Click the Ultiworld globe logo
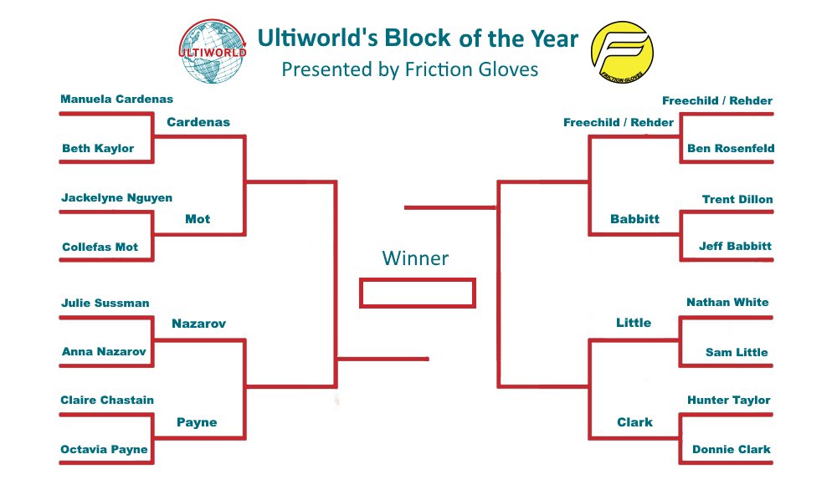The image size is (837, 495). (214, 53)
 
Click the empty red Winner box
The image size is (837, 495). (417, 293)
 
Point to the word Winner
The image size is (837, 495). (415, 258)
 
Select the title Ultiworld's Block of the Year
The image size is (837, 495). (418, 38)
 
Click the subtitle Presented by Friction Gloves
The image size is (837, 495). (409, 69)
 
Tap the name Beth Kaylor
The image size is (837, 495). (98, 148)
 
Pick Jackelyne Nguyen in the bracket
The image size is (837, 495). (116, 198)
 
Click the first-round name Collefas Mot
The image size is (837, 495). (100, 247)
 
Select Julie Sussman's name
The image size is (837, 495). (105, 303)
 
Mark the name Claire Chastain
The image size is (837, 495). (107, 401)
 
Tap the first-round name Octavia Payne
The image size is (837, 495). (104, 450)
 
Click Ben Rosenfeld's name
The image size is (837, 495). (731, 148)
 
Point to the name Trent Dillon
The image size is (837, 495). (737, 199)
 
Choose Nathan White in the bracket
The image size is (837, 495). (727, 303)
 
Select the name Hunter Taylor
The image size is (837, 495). (728, 401)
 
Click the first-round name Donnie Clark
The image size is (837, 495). (732, 450)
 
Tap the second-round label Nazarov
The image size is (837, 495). (198, 323)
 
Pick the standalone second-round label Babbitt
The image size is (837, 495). (634, 219)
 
